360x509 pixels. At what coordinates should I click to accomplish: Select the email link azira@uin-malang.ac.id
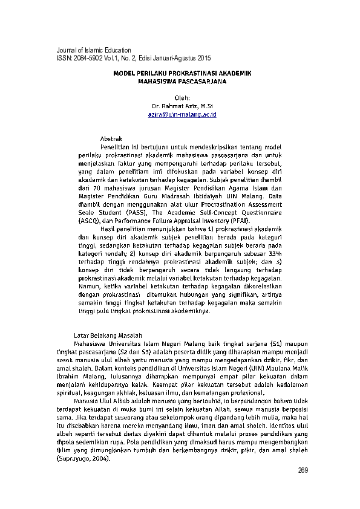pos(182,114)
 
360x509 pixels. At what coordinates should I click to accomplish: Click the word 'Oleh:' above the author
pos(182,97)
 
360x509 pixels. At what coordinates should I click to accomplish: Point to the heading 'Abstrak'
pos(111,139)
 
